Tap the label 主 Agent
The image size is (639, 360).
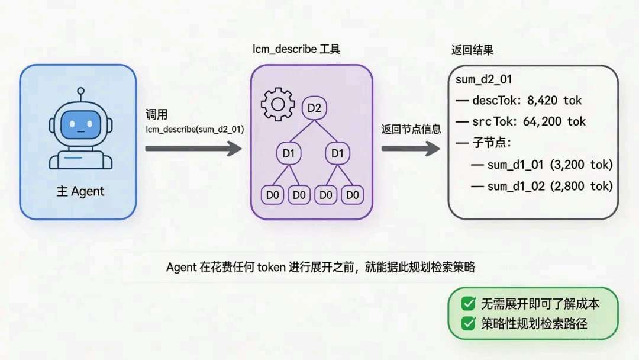(x=80, y=191)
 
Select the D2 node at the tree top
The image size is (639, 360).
(x=314, y=108)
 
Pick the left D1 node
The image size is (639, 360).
(x=289, y=154)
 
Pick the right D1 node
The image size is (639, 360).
(x=337, y=154)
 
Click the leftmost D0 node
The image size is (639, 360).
(x=273, y=195)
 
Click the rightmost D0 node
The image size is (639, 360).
(x=353, y=195)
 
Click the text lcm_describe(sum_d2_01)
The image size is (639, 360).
(x=195, y=128)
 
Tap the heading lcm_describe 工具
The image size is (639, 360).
(x=296, y=49)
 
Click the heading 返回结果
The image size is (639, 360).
(x=472, y=50)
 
